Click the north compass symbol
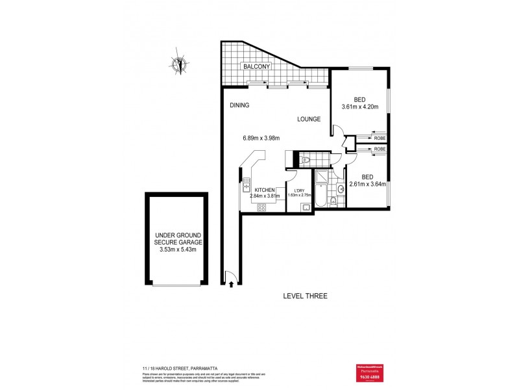pyautogui.click(x=179, y=64)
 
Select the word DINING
pyautogui.click(x=239, y=105)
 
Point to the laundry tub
pyautogui.click(x=306, y=207)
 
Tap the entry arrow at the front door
pyautogui.click(x=232, y=283)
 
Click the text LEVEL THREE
pyautogui.click(x=305, y=296)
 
